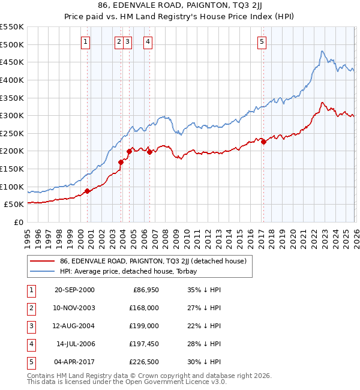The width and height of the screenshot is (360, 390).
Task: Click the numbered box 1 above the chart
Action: click(x=86, y=41)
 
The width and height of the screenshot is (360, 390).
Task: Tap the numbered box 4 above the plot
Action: click(x=148, y=41)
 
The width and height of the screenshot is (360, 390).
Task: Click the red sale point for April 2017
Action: click(x=263, y=142)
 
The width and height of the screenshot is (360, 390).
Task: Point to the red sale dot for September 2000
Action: click(x=88, y=191)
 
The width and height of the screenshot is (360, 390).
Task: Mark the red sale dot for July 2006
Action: click(x=149, y=152)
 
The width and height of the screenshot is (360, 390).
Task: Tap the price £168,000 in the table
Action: click(x=144, y=308)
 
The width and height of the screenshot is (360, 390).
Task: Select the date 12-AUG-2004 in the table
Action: click(x=74, y=326)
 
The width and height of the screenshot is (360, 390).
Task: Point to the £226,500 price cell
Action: click(x=144, y=362)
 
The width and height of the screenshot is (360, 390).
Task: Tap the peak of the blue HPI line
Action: click(x=322, y=51)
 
